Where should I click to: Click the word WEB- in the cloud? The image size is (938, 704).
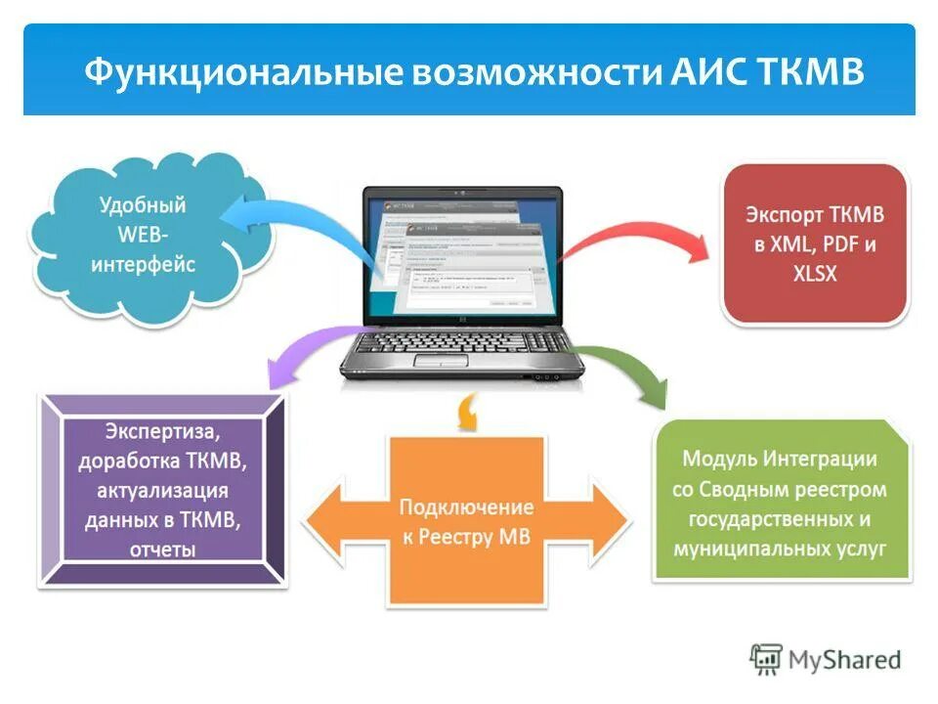pyautogui.click(x=145, y=236)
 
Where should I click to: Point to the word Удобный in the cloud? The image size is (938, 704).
pyautogui.click(x=143, y=206)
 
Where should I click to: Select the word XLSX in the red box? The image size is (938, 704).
pyautogui.click(x=815, y=274)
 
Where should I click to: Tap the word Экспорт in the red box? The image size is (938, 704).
pyautogui.click(x=787, y=213)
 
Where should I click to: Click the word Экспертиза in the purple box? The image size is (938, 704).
pyautogui.click(x=162, y=431)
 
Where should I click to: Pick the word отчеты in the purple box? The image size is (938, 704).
pyautogui.click(x=162, y=550)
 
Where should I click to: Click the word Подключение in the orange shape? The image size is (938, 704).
pyautogui.click(x=466, y=507)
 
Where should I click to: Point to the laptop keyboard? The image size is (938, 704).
pyautogui.click(x=459, y=341)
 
